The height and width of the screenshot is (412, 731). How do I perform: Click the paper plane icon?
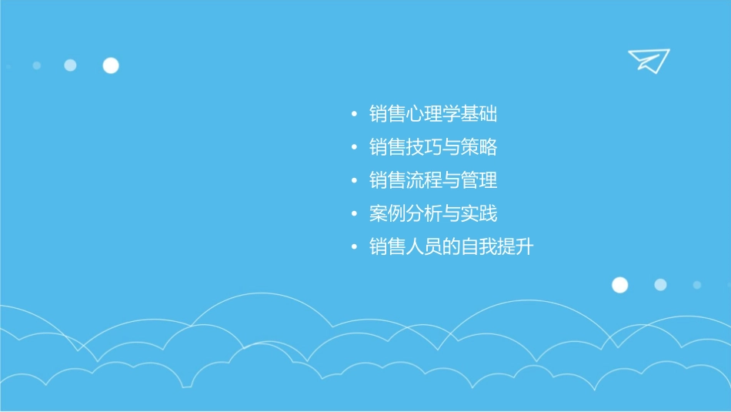pos(648,60)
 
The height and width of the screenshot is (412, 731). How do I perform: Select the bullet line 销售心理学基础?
pos(433,115)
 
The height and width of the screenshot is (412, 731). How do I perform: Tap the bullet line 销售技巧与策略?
pos(433,147)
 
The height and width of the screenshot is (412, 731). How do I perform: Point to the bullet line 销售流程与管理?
pos(433,180)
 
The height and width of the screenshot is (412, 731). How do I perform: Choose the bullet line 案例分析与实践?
pos(433,213)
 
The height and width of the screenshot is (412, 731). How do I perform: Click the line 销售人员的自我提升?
pos(451,247)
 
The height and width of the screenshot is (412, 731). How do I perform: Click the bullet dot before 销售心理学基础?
pos(354,116)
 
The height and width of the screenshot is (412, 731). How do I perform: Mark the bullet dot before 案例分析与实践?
pos(354,214)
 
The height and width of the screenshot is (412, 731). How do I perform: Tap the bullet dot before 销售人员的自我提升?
pos(354,248)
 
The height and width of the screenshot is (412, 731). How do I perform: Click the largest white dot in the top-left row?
pos(111,65)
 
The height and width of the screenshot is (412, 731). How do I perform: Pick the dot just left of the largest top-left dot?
pos(70,65)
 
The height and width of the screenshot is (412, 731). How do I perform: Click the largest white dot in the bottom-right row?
pos(619,285)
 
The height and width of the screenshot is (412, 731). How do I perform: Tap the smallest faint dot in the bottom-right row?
pos(697,285)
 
